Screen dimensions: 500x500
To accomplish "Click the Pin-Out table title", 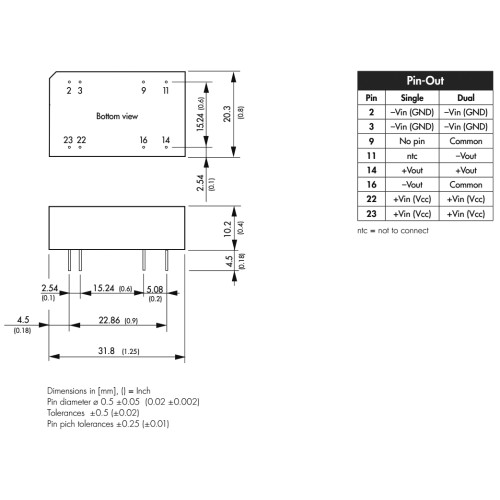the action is (425, 81).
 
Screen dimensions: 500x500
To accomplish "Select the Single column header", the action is (412, 98).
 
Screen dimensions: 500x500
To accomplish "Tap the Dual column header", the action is (466, 98).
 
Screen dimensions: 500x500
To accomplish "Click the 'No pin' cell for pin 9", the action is (412, 141).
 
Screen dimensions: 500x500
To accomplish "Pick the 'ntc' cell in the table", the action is (412, 156).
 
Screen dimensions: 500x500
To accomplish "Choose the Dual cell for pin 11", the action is (466, 156).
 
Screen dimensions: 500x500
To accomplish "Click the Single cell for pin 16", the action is (412, 185).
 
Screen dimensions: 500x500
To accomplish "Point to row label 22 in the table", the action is (371, 199).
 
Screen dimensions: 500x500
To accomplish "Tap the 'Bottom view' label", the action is (117, 116).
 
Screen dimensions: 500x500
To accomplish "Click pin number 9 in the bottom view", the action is (144, 90).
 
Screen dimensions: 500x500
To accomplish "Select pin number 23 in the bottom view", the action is (68, 140).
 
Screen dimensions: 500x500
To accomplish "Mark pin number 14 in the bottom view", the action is (166, 140).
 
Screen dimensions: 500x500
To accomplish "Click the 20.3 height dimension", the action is (227, 114).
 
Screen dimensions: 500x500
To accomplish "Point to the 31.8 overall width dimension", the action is (106, 351).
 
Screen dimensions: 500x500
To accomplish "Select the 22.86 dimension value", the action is (109, 320).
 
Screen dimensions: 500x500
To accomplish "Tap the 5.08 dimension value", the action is (155, 289).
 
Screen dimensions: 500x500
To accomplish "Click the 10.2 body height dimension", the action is (228, 229).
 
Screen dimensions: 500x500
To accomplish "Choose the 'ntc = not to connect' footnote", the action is (393, 230).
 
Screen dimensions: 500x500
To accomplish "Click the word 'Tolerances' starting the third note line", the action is (66, 413).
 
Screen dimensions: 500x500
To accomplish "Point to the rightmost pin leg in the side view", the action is (167, 260).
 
